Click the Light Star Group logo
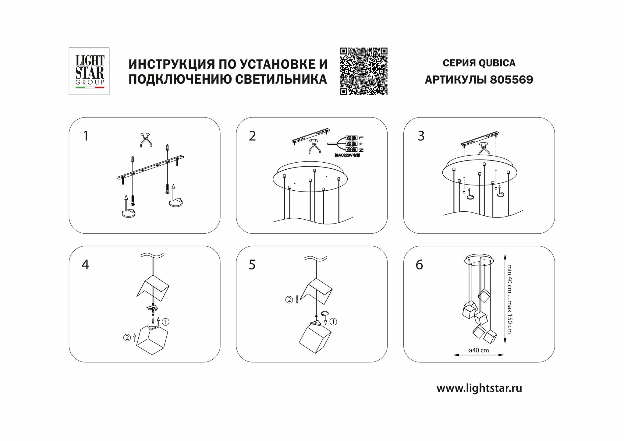(x=89, y=71)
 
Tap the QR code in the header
(x=363, y=71)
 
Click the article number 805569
(x=511, y=80)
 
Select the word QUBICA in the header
(x=497, y=63)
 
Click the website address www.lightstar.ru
(x=479, y=388)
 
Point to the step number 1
(x=86, y=136)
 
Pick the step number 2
(x=252, y=136)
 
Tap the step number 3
(x=421, y=136)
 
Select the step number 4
(x=85, y=265)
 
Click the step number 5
(x=252, y=265)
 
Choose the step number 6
(x=419, y=265)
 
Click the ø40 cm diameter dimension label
(x=478, y=350)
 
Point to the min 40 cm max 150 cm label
(x=509, y=298)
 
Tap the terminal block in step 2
(x=353, y=144)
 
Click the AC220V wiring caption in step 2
(x=347, y=155)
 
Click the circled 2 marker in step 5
(x=288, y=300)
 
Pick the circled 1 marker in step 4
(x=165, y=321)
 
